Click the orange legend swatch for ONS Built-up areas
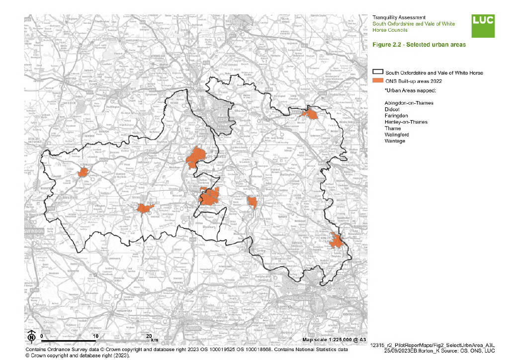click(x=378, y=80)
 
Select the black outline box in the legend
click(x=378, y=72)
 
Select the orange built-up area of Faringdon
click(x=84, y=172)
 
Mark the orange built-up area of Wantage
click(x=144, y=209)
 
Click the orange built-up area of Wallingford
click(x=252, y=201)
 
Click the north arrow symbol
click(x=31, y=337)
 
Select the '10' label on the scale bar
click(x=95, y=336)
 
